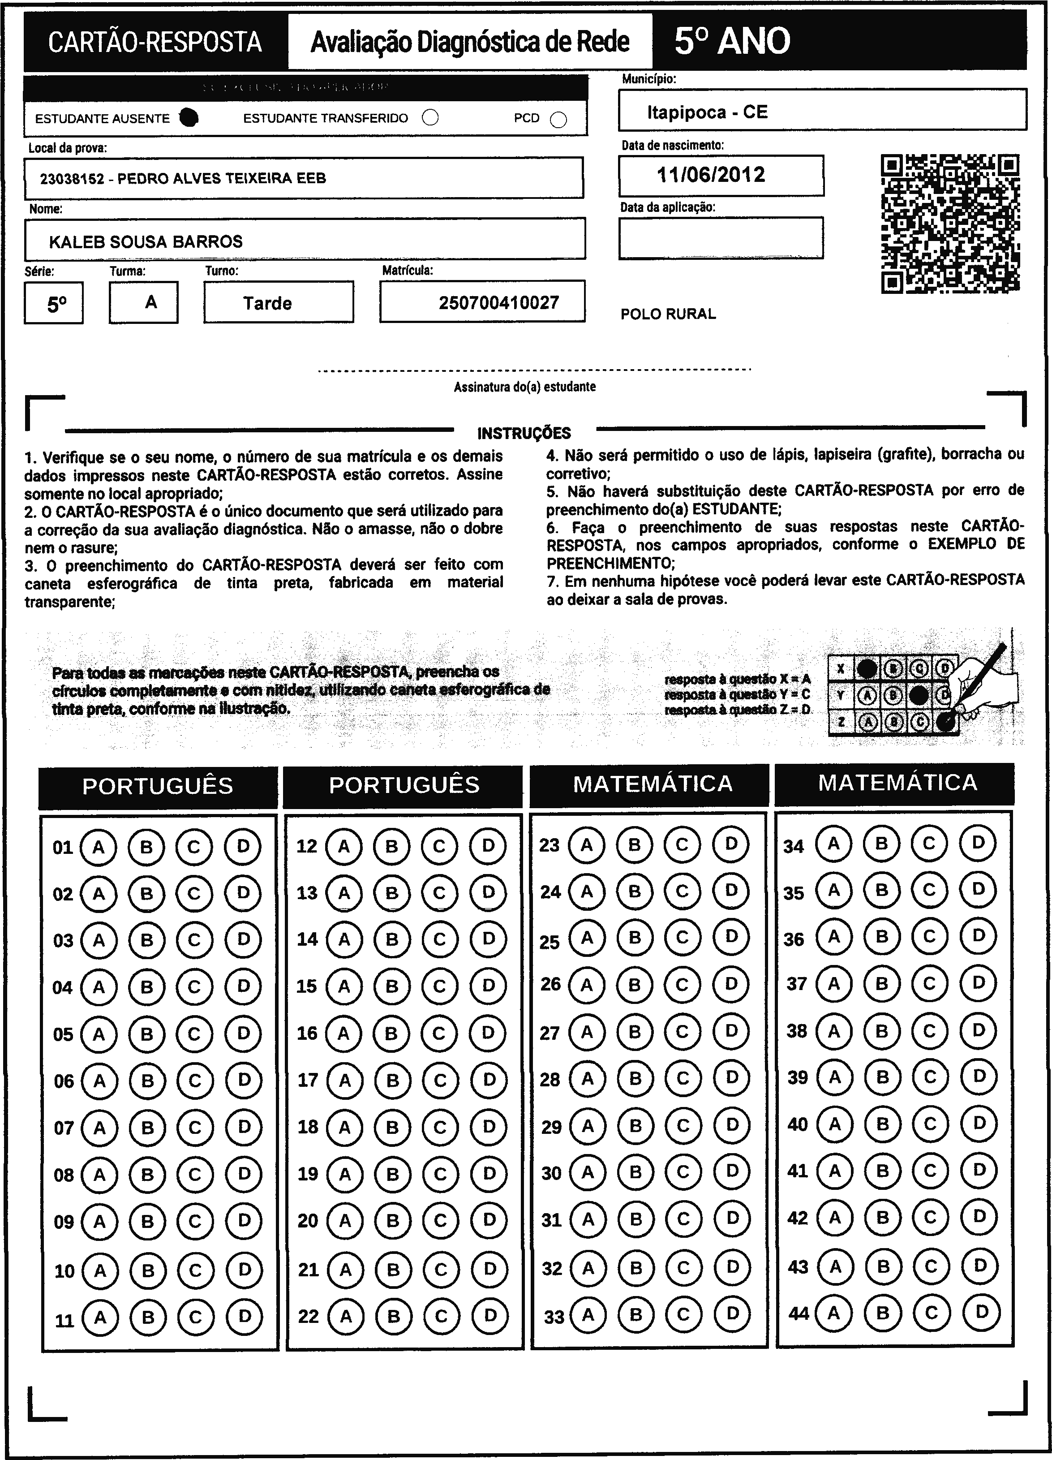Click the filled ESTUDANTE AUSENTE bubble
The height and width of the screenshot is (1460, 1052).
(189, 118)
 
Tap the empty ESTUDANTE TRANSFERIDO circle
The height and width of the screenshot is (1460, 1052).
(430, 118)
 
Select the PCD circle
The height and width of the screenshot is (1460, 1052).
(558, 120)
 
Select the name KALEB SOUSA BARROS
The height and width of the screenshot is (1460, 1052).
(146, 241)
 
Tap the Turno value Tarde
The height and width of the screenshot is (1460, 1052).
(268, 303)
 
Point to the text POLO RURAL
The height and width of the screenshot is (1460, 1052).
(668, 314)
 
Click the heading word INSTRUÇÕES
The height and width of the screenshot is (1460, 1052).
(524, 433)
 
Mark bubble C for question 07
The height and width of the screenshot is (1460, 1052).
(195, 1128)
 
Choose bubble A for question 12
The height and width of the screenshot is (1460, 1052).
(344, 846)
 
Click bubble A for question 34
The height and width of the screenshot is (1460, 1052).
(833, 843)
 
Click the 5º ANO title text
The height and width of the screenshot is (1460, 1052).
(732, 42)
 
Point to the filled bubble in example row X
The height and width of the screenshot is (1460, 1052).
(867, 669)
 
